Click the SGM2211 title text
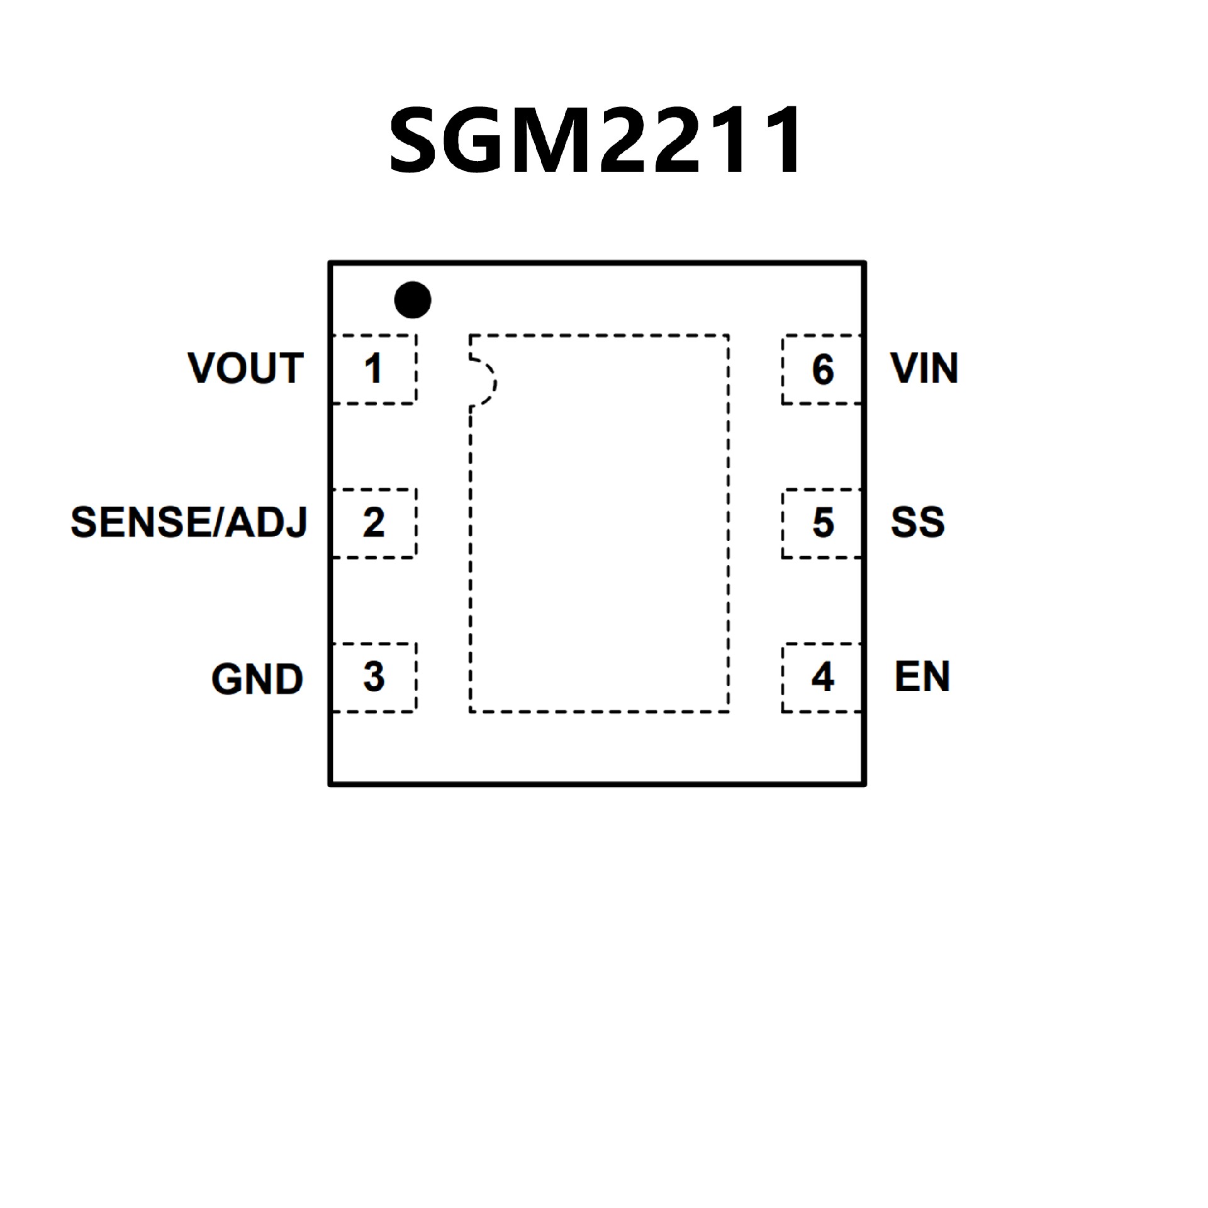click(x=595, y=140)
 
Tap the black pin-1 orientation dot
click(x=413, y=299)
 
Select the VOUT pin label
click(x=245, y=368)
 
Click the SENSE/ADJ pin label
click(x=189, y=522)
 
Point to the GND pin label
click(x=257, y=679)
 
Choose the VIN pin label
click(x=924, y=368)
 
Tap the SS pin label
click(x=917, y=522)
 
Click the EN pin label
click(x=922, y=677)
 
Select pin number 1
click(x=373, y=369)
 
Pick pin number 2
click(x=373, y=522)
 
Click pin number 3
click(x=374, y=677)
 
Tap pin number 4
click(x=822, y=677)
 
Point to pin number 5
click(x=823, y=522)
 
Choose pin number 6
click(x=823, y=369)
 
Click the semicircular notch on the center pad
click(x=484, y=382)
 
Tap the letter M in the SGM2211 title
click(x=549, y=140)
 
